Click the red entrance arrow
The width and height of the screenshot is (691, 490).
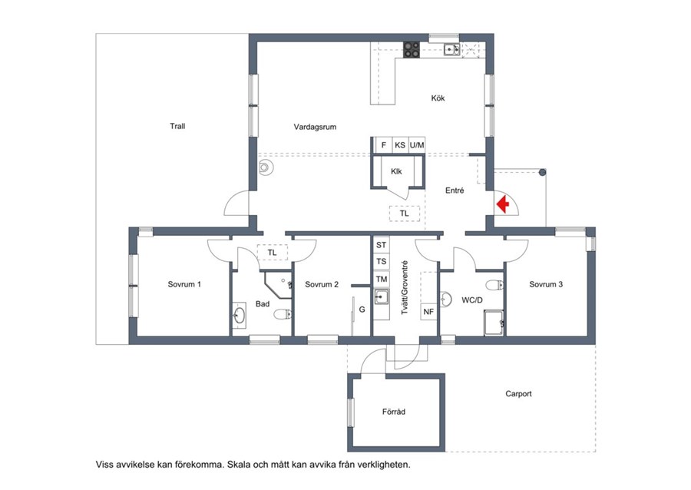503,204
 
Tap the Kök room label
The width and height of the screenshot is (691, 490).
438,98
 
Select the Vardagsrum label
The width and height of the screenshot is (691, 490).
315,127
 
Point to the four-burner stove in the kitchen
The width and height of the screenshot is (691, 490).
412,49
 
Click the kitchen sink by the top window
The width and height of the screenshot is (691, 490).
451,49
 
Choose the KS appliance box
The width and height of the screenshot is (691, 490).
400,145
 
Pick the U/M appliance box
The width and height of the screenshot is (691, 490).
416,145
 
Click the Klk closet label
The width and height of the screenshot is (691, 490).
396,171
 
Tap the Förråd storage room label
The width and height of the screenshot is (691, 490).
394,412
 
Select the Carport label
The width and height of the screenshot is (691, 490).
518,393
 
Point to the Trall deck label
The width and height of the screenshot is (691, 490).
177,126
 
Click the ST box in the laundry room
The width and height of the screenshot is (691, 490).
381,245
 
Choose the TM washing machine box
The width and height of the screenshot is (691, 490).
381,279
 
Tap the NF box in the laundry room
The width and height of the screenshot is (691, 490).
428,312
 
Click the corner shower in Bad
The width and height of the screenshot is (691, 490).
279,285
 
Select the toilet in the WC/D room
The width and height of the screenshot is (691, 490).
495,285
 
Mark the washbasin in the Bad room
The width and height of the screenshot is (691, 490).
240,314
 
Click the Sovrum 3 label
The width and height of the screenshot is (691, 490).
546,284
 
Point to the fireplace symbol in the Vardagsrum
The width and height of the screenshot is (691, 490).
266,167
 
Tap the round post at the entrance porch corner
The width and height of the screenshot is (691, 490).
543,172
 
